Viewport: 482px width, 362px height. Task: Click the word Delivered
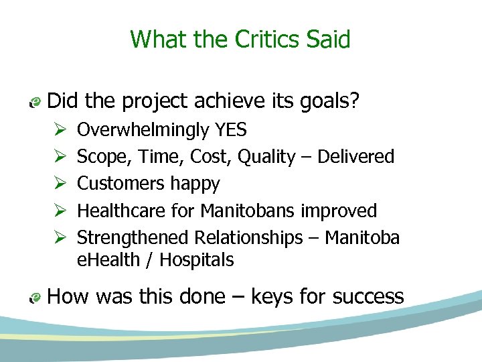click(356, 157)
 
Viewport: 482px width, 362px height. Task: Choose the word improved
click(339, 210)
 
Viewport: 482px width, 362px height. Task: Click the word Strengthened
click(133, 237)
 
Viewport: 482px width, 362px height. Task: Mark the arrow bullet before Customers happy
click(57, 184)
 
